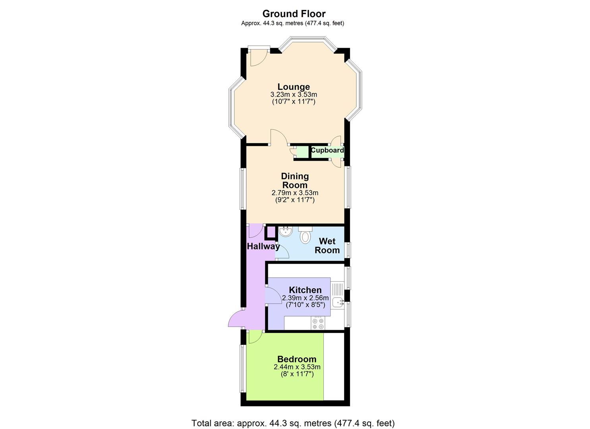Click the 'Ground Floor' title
pos(294,14)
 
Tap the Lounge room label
pos(294,87)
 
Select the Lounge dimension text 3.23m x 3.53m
pos(294,95)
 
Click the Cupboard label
pos(327,151)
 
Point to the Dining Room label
pos(295,180)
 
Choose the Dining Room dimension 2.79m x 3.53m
pos(295,193)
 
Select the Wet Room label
pos(327,245)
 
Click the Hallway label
pos(263,246)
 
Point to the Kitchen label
pos(305,290)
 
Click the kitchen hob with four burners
pos(318,323)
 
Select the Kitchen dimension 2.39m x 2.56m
pos(305,298)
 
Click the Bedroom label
pos(297,359)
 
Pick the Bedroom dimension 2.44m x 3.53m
pos(297,367)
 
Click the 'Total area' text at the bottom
pos(293,423)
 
